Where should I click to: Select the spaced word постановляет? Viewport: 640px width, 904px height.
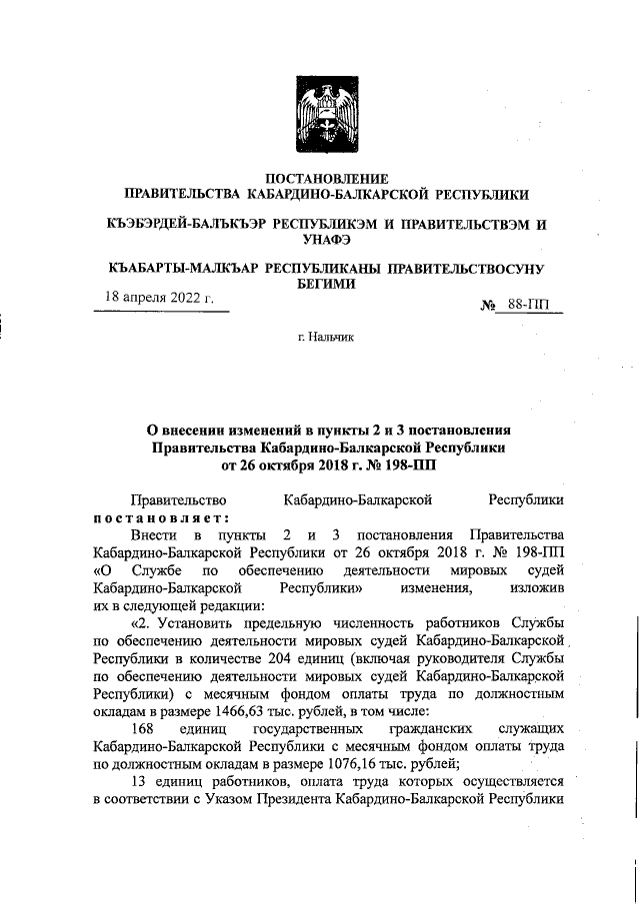[161, 515]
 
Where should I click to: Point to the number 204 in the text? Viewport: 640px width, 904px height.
[287, 658]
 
